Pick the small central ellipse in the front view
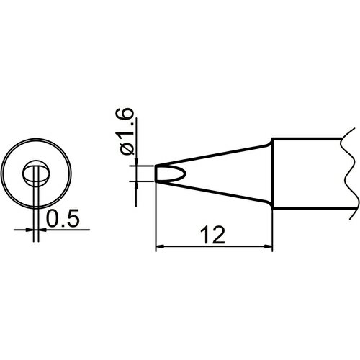34,174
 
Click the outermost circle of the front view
6,174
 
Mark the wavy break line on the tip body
348,173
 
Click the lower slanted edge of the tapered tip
216,192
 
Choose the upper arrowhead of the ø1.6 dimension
137,162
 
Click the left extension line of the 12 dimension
156,216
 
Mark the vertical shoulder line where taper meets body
272,174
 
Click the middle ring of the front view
19,174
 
